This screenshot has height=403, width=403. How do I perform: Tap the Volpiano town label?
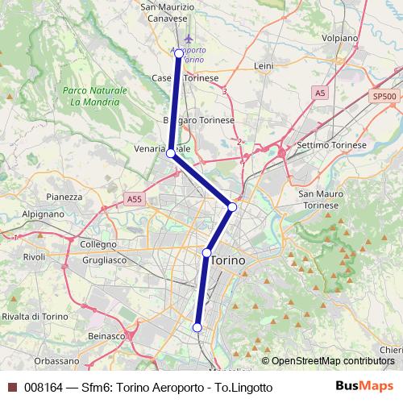[x=340, y=38]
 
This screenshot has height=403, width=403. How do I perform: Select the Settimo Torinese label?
[x=332, y=145]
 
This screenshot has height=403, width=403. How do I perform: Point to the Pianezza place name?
[x=65, y=196]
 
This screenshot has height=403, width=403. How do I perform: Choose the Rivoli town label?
[x=34, y=256]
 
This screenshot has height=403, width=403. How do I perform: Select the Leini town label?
[x=264, y=65]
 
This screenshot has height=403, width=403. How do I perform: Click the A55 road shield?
[x=135, y=198]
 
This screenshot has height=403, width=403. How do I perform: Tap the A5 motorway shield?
[x=321, y=93]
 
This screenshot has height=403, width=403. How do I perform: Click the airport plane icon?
[x=189, y=38]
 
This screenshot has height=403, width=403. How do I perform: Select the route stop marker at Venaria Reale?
[x=171, y=152]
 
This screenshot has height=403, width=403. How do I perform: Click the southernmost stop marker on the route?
[x=197, y=326]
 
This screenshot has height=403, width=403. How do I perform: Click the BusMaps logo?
[x=364, y=387]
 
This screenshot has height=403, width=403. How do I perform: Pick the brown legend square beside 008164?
[x=12, y=388]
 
